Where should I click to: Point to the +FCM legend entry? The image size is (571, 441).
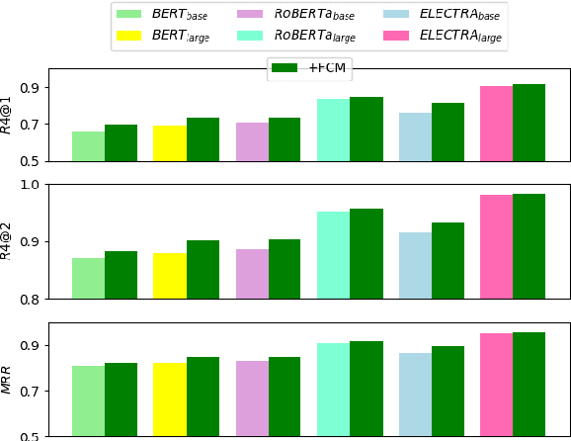[x=309, y=68]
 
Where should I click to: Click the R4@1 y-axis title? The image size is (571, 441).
[x=8, y=115]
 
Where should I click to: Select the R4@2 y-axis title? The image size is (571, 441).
[x=8, y=241]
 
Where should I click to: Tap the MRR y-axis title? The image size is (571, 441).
[x=8, y=379]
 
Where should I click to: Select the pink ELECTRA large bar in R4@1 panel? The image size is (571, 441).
[x=496, y=124]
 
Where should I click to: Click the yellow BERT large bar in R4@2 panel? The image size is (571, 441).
[x=170, y=276]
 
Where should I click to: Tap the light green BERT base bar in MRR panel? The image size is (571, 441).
[x=88, y=400]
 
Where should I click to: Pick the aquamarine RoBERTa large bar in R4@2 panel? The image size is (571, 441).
[x=333, y=255]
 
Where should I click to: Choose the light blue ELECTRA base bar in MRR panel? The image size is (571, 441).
[x=415, y=395]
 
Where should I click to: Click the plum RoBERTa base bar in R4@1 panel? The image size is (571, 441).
[x=252, y=141]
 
